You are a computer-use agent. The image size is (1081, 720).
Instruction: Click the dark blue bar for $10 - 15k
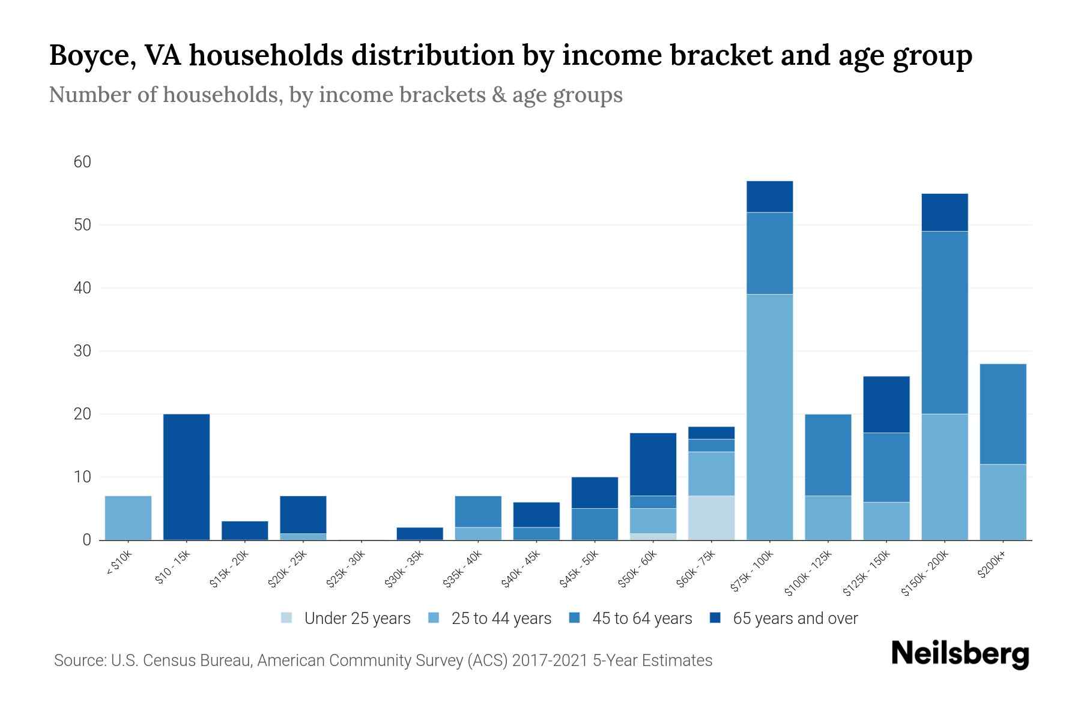[x=186, y=477]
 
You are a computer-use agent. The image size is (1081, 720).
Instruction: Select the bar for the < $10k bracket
[x=128, y=518]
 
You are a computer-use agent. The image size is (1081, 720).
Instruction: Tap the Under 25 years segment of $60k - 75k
[x=711, y=518]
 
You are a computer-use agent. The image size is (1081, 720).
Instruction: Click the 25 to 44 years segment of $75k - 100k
[x=769, y=417]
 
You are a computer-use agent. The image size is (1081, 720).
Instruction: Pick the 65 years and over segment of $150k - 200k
[x=944, y=212]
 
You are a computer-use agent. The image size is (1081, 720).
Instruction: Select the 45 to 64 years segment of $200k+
[x=1002, y=414]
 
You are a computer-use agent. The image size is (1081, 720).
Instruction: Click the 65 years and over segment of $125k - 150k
[x=886, y=404]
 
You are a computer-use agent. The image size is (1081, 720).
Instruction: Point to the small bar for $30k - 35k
[x=420, y=533]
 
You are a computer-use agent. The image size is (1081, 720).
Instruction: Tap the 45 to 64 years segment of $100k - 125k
[x=828, y=455]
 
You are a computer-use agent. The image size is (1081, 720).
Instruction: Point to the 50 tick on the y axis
[x=82, y=225]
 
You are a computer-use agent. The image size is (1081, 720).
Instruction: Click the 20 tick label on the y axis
[x=82, y=414]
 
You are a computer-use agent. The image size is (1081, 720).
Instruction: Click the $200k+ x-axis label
[x=992, y=565]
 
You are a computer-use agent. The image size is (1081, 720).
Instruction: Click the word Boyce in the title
[x=86, y=55]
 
